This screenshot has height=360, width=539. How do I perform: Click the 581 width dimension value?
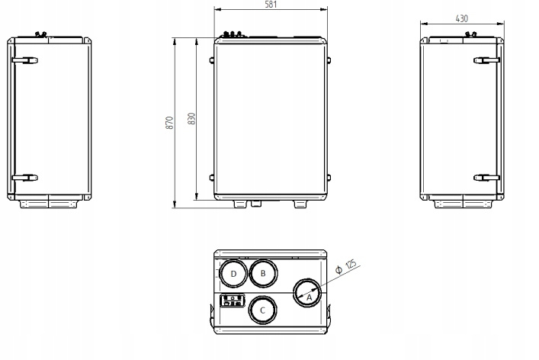point(270,5)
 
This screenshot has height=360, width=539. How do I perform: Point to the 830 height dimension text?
point(192,120)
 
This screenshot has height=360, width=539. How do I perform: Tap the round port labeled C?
point(262,310)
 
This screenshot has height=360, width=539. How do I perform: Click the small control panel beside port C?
point(233,301)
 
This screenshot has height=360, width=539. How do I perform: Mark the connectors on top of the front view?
point(233,34)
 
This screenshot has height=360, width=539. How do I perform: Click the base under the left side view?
point(50,202)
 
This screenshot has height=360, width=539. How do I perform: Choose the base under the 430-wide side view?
point(461,202)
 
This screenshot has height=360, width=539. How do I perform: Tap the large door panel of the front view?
point(271,118)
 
